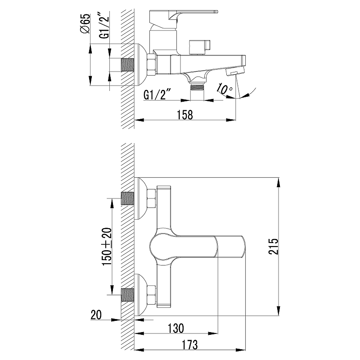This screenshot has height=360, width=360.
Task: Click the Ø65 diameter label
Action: pyautogui.click(x=85, y=24)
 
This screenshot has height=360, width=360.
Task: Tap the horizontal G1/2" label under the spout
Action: pyautogui.click(x=157, y=94)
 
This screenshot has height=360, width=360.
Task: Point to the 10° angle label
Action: pyautogui.click(x=224, y=89)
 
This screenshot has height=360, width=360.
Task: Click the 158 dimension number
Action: pyautogui.click(x=185, y=115)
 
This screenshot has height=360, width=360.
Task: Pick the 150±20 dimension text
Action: pyautogui.click(x=107, y=247)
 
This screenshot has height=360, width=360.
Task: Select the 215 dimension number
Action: pyautogui.click(x=273, y=246)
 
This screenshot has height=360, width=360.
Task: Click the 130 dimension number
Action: pyautogui.click(x=176, y=328)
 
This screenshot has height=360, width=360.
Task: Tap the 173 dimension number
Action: pyautogui.click(x=189, y=345)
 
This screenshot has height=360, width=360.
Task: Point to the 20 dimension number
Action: pyautogui.click(x=96, y=315)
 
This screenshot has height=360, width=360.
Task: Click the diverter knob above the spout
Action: pyautogui.click(x=199, y=48)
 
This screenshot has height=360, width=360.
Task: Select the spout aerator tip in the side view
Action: pyautogui.click(x=234, y=71)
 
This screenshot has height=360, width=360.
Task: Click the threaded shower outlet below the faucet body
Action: pyautogui.click(x=197, y=87)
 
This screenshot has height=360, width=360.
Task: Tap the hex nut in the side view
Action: pyautogui.click(x=152, y=65)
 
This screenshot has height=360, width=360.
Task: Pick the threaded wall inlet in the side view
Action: pyautogui.click(x=127, y=65)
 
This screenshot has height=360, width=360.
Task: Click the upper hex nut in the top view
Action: pyautogui.click(x=152, y=198)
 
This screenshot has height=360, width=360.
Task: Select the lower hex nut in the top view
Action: pyautogui.click(x=152, y=295)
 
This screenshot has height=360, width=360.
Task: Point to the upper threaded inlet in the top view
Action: pyautogui.click(x=127, y=198)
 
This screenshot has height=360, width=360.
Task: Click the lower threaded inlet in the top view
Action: pyautogui.click(x=127, y=295)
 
